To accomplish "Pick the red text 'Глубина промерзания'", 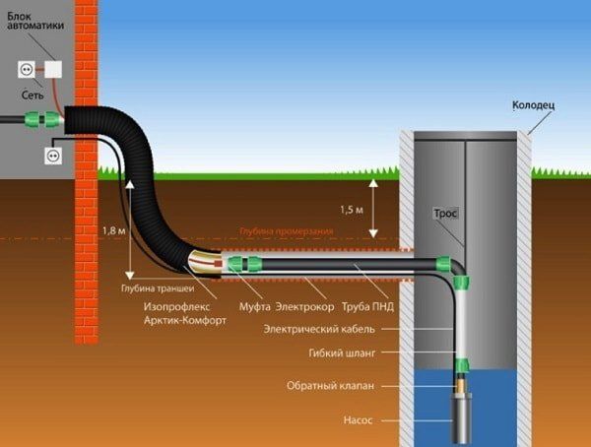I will click(x=286, y=231).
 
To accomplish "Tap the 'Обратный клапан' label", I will click(x=332, y=385).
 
